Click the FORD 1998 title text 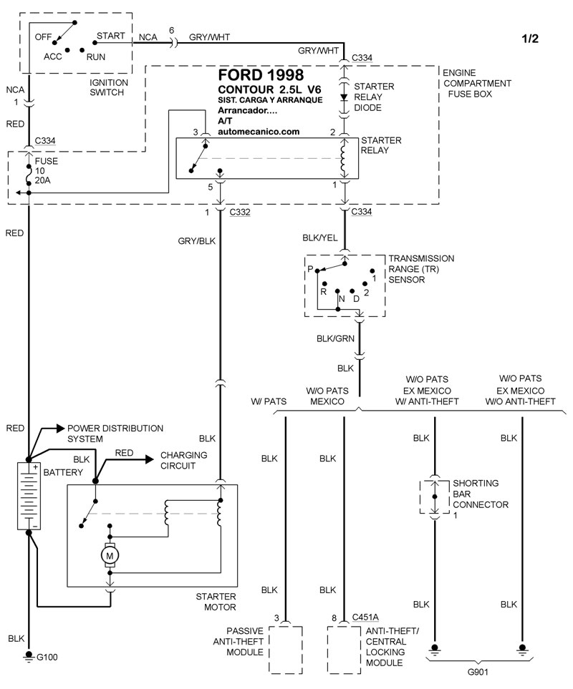click(x=260, y=75)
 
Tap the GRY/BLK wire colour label click(x=196, y=241)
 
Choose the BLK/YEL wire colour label click(x=321, y=236)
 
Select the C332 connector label click(x=240, y=212)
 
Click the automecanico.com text click(x=258, y=132)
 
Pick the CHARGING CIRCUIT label click(x=184, y=460)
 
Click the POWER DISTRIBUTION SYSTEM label click(x=115, y=433)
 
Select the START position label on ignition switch click(x=110, y=35)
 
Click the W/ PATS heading click(x=269, y=401)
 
